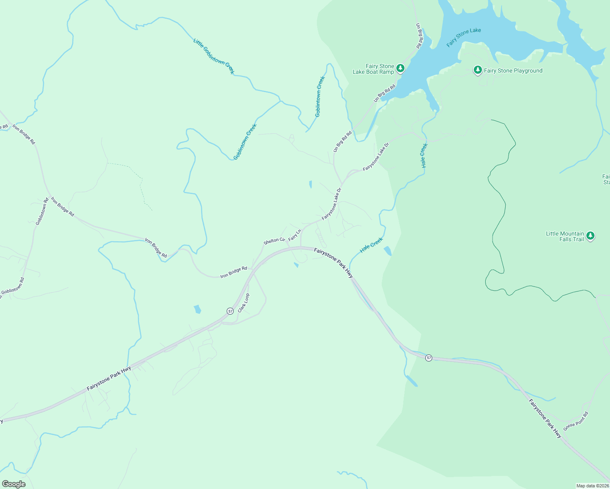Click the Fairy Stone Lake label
[x=464, y=37]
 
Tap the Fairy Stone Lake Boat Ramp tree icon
[x=400, y=68]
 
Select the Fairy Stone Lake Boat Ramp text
[x=374, y=69]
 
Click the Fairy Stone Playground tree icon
[x=477, y=70]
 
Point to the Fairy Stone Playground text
[x=513, y=71]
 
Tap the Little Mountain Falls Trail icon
[x=590, y=236]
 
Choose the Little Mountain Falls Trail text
[x=565, y=236]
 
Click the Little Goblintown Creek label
[x=214, y=57]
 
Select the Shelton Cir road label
[x=274, y=241]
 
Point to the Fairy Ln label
[x=294, y=235]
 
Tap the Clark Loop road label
[x=243, y=303]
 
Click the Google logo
[x=14, y=484]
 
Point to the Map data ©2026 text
[x=592, y=486]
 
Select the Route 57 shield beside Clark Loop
[x=230, y=311]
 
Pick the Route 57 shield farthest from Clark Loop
[x=429, y=358]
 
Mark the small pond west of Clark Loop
[x=197, y=309]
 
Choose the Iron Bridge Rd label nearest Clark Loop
[x=234, y=272]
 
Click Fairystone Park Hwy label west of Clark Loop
[x=109, y=379]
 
